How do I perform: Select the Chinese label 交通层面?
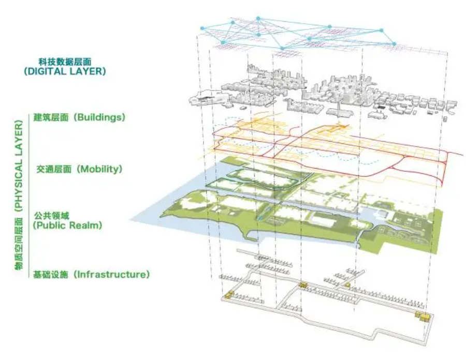[x=54, y=169]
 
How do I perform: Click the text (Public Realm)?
[x=67, y=226]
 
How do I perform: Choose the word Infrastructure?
[x=111, y=274]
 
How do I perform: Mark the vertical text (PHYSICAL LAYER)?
[x=18, y=166]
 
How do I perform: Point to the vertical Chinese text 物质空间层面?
[x=18, y=243]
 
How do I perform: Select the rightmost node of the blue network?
[x=394, y=43]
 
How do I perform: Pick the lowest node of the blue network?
[x=282, y=48]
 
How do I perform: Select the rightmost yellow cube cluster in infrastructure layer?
[x=423, y=316]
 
